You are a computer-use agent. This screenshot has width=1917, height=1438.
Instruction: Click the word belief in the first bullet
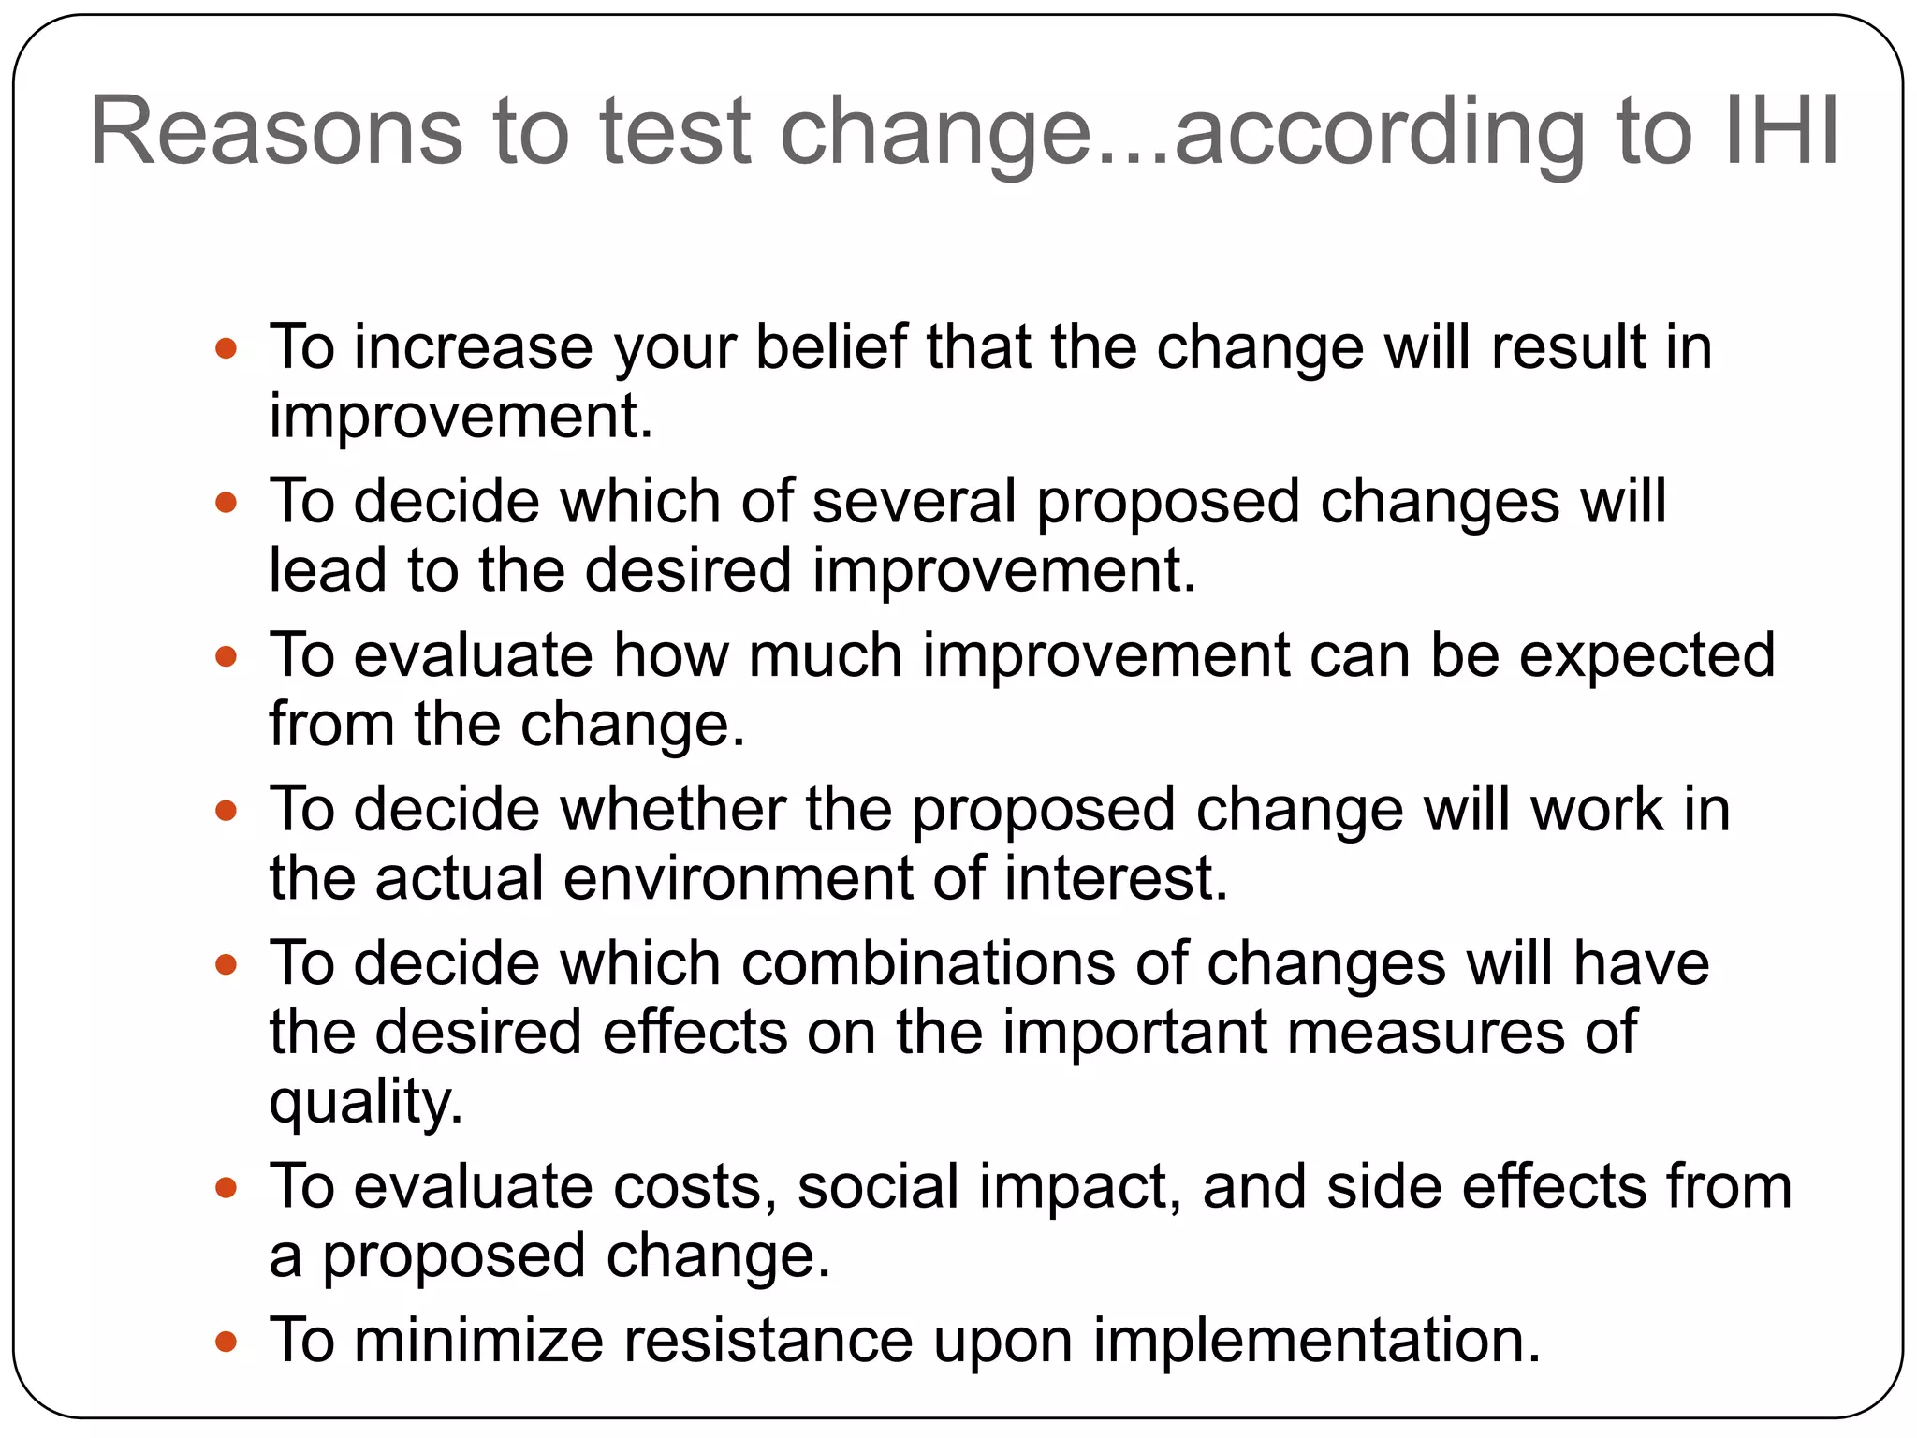(x=830, y=347)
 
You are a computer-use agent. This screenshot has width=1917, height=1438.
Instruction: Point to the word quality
(x=365, y=1102)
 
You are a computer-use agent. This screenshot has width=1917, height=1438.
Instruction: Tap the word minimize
(x=478, y=1340)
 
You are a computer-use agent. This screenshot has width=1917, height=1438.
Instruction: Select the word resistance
(x=768, y=1340)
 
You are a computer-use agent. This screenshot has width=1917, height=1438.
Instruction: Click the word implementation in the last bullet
(x=1316, y=1340)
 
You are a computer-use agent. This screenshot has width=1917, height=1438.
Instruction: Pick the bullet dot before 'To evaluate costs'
(x=226, y=1189)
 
